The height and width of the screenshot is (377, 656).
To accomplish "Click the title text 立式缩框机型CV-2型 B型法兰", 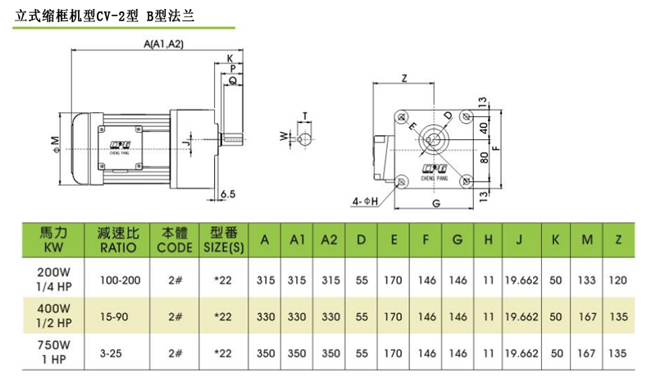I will coord(106,15).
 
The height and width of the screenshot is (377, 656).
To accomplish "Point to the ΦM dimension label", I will coord(54,144).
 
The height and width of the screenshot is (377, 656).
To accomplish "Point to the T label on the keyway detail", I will coord(305,116).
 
